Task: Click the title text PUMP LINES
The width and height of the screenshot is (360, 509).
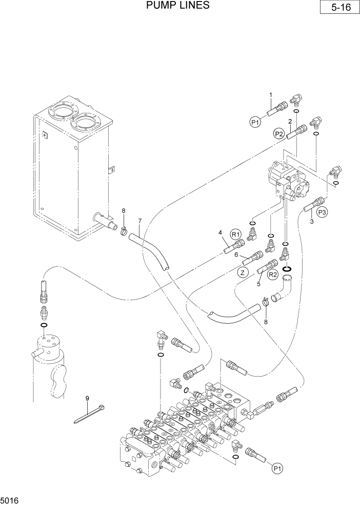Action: click(x=177, y=6)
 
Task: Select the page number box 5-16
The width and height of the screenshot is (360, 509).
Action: click(x=337, y=8)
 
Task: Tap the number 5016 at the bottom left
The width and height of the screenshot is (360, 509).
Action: click(x=10, y=500)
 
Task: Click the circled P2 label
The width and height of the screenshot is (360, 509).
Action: click(x=279, y=133)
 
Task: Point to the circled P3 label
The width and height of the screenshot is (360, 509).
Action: click(x=323, y=211)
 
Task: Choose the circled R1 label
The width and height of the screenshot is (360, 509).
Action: click(x=236, y=234)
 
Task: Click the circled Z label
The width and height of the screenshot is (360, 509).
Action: click(x=243, y=272)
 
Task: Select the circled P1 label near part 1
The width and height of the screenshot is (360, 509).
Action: click(x=255, y=122)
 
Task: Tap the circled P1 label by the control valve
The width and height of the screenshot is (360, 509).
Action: click(x=277, y=468)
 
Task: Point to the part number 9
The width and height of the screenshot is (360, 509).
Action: click(x=87, y=398)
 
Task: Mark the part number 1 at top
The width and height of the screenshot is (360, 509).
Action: click(x=270, y=94)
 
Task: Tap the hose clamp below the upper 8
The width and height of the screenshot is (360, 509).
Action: click(x=124, y=231)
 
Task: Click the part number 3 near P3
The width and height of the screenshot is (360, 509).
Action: click(x=311, y=221)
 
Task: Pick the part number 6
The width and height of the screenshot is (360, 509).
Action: click(x=236, y=254)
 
